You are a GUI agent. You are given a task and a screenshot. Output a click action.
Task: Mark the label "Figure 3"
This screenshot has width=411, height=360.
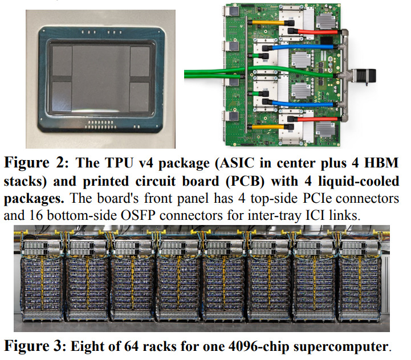pyautogui.click(x=35, y=346)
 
